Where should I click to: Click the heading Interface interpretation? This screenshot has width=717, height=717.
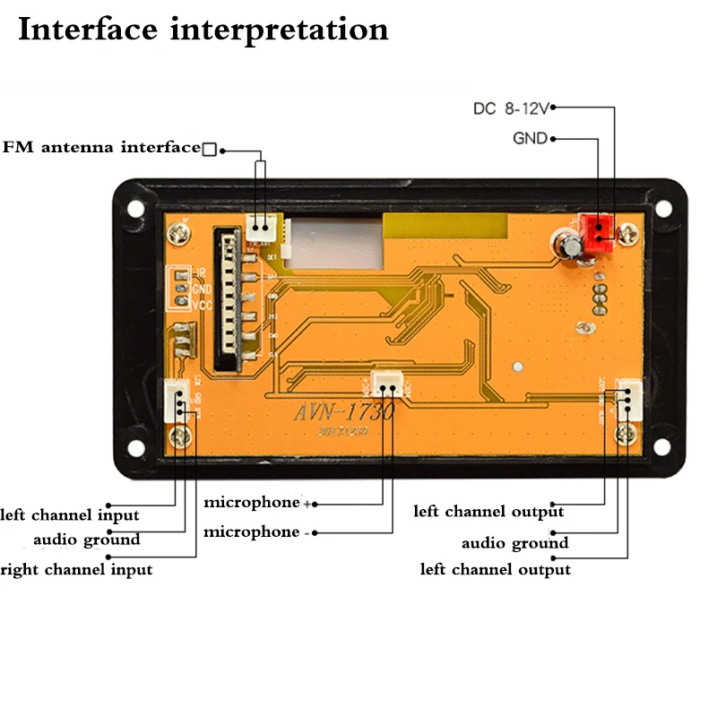coord(203,30)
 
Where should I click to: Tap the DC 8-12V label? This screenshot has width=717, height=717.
coord(510,108)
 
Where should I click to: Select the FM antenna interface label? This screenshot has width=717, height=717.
coord(101,147)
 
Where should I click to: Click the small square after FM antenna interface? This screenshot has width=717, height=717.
coord(209,149)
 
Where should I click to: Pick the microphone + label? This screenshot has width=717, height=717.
coord(256,502)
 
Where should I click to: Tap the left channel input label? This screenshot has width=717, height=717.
coord(70,515)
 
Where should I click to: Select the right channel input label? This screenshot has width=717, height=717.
coord(76,569)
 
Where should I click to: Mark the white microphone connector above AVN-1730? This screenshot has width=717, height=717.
coord(386,383)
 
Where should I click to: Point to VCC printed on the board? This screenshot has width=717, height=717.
coord(202,304)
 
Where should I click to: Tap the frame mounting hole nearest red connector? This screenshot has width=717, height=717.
coord(663,207)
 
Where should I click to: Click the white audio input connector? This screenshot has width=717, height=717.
coord(176,400)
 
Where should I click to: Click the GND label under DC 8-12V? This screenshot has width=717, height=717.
coord(530,139)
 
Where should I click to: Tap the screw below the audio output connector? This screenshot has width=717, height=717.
coord(626,436)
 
